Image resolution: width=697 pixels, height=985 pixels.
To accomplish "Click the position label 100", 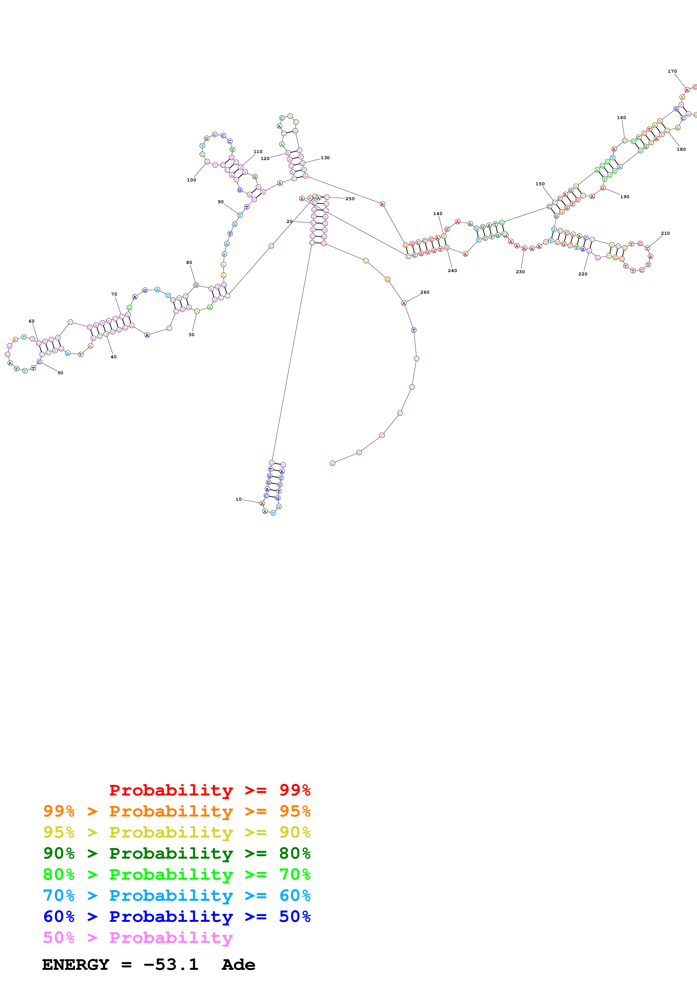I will point(191,180).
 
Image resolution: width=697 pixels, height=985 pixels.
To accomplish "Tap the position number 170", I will point(672,71).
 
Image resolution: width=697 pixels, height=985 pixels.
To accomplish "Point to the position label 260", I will point(425,292).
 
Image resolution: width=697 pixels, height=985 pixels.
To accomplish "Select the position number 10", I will point(238,499).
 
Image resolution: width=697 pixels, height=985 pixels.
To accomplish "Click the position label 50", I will point(60,373).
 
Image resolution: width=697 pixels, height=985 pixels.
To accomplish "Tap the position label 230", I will point(520,272).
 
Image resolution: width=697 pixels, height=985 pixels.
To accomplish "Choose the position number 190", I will point(625,197).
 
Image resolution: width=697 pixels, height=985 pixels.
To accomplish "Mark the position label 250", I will point(350,199).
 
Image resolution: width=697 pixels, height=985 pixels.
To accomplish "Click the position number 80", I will point(189,263).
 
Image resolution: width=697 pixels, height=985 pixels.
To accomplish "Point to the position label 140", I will point(437,214).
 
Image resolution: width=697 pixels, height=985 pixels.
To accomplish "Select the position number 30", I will point(191,335).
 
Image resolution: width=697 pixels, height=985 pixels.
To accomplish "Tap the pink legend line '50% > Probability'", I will point(137,937).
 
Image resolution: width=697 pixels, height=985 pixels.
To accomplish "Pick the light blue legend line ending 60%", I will point(177,895).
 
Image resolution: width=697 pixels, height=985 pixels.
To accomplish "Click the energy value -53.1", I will point(171,965).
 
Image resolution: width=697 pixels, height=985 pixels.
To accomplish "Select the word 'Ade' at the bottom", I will point(238,965).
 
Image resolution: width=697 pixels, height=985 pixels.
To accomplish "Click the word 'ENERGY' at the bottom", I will point(76,965).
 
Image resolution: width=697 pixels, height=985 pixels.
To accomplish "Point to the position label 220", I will point(583,274).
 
